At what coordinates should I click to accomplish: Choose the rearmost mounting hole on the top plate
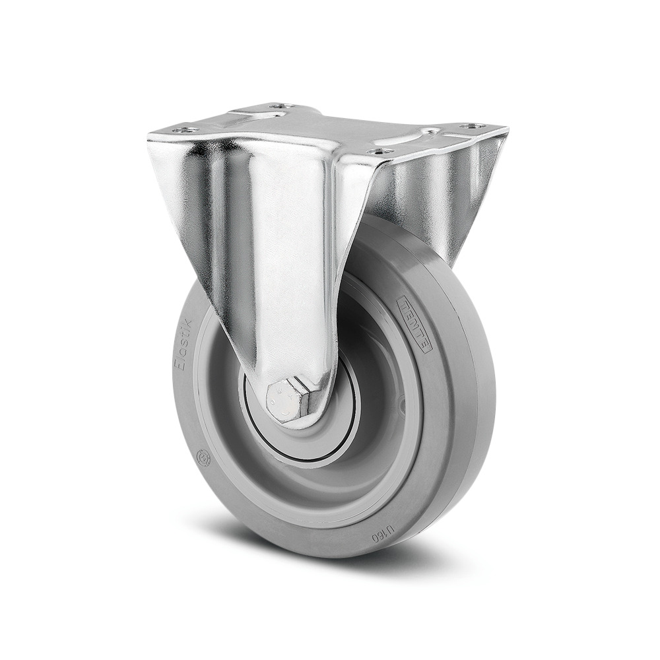(x=282, y=106)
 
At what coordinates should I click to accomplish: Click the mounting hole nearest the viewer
(x=378, y=151)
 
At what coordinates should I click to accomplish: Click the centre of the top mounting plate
(x=330, y=129)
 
